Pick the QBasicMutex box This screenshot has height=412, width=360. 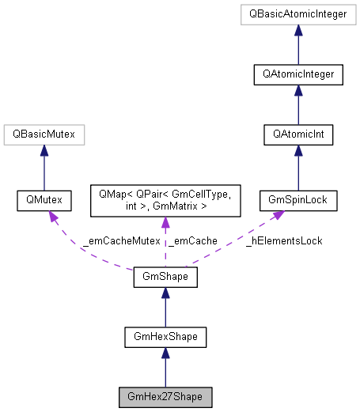pos(44,136)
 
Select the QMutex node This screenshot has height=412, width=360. pos(44,201)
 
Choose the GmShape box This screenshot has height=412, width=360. pos(165,278)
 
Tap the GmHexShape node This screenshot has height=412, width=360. pos(165,338)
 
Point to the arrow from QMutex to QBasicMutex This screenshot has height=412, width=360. pos(44,168)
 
